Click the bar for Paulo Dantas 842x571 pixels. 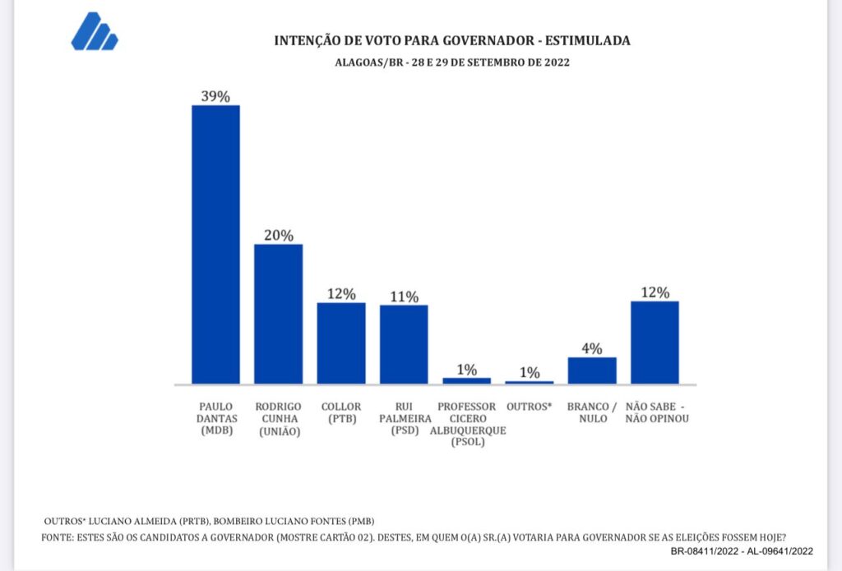coord(215,244)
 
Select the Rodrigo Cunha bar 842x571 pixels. coord(278,314)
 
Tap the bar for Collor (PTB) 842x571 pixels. coord(341,343)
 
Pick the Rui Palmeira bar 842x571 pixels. coord(404,344)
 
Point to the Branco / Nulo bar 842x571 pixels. coord(592,370)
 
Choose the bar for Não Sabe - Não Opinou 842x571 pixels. coord(655,342)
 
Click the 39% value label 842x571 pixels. coord(215,96)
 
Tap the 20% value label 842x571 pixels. coord(278,235)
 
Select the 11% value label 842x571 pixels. coord(404,296)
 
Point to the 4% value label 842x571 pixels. coord(592,348)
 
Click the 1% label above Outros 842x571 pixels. coord(530,372)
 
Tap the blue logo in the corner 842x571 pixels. coord(95,32)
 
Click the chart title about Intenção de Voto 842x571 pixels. coord(451,40)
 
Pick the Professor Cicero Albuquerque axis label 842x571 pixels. coord(466,424)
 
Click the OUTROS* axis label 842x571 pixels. coord(530,407)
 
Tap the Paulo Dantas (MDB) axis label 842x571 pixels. coord(215,418)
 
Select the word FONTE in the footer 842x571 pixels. coord(56,537)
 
